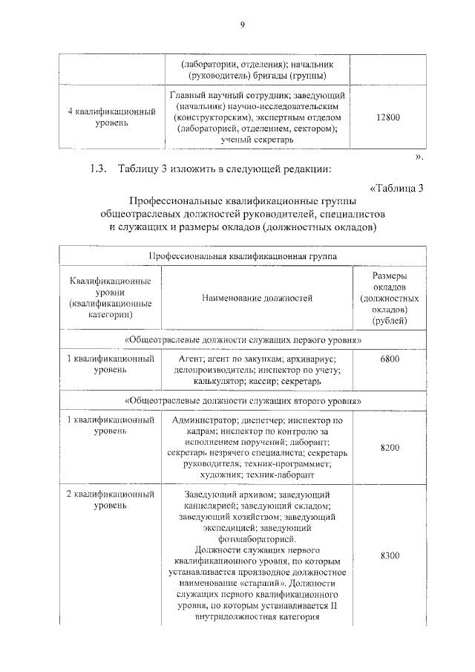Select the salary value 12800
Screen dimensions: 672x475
388,117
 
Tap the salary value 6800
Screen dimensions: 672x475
389,359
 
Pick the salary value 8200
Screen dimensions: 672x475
389,448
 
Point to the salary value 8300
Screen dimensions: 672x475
389,556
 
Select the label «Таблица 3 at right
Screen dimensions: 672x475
395,187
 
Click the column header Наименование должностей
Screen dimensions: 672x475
257,298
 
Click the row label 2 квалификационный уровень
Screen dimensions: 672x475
111,500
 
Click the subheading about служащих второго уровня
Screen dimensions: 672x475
243,400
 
